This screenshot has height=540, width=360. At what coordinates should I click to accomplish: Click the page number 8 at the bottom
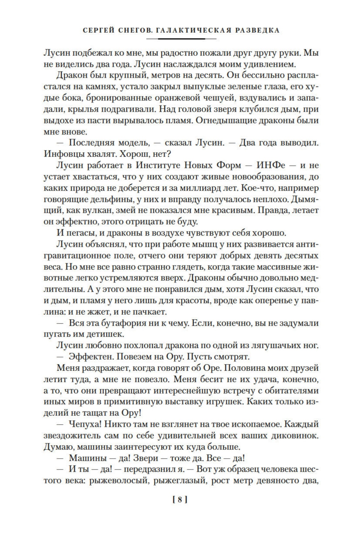click(179, 500)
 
